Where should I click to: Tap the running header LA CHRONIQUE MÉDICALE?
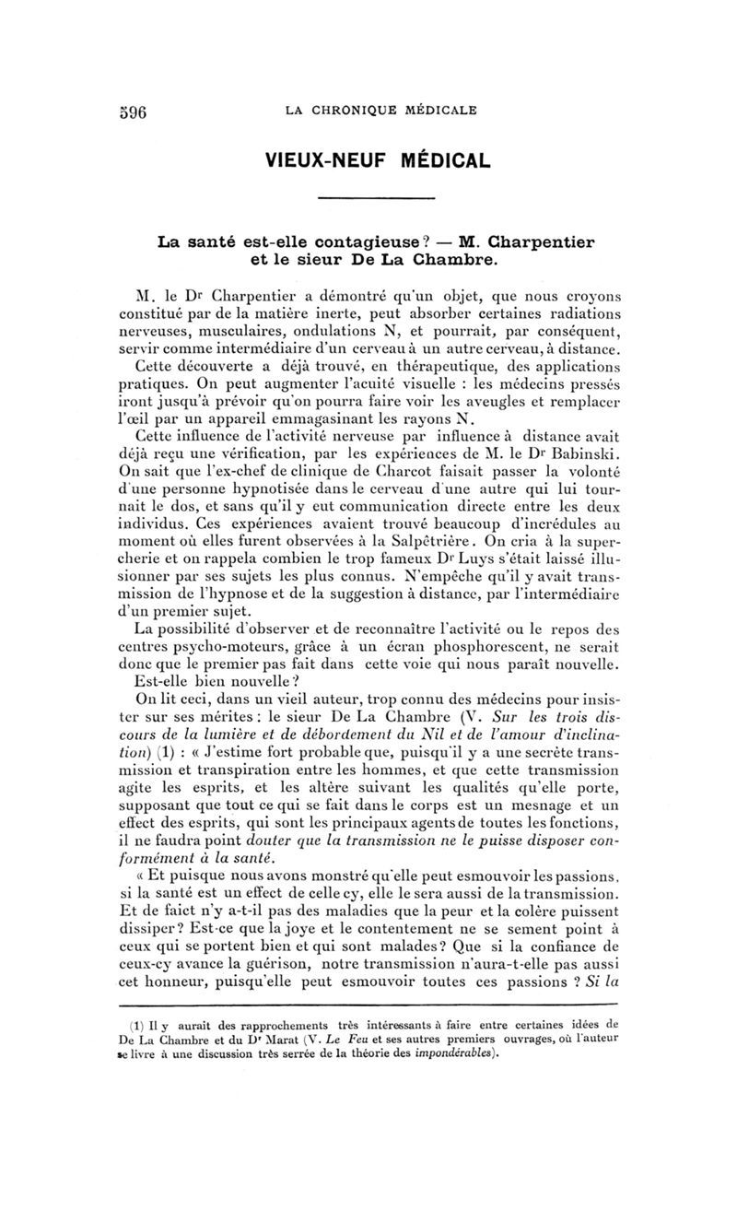(x=380, y=111)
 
